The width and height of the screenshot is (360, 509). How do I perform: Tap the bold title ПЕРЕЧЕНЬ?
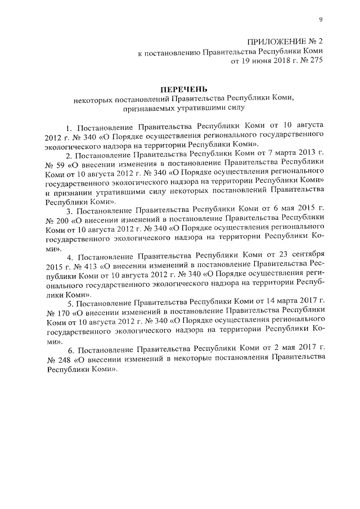[x=183, y=89]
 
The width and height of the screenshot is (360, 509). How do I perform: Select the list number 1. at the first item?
[x=69, y=127]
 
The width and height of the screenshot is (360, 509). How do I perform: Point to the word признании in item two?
[x=70, y=190]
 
